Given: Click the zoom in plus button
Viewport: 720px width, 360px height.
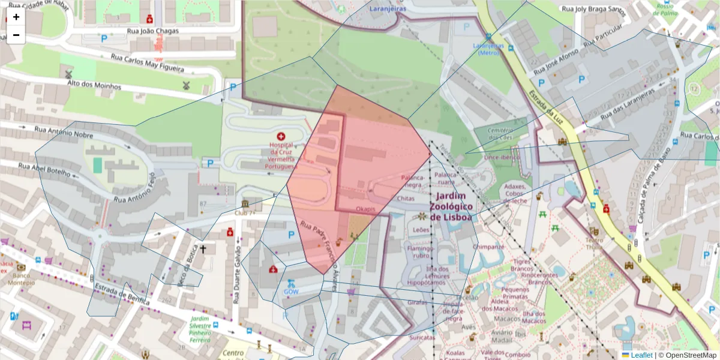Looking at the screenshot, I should pos(16,17).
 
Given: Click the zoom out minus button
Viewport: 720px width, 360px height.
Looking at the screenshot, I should pos(16,35).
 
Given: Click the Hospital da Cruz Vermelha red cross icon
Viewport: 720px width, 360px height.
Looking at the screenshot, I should pos(281,137).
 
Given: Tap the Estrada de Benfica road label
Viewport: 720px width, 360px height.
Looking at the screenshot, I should pos(122,295).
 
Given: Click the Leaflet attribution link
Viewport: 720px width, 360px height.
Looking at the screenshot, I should pos(641,355).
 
